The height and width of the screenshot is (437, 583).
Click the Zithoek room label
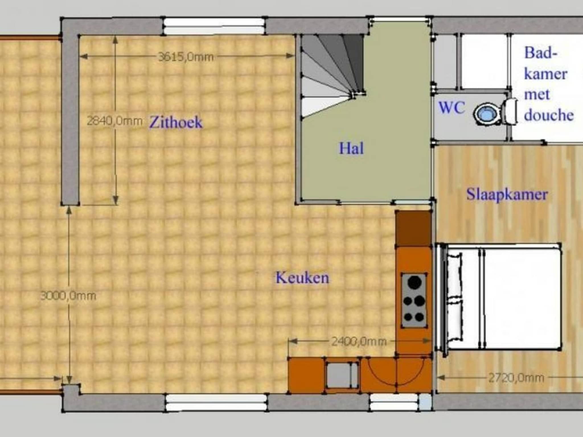click(176, 123)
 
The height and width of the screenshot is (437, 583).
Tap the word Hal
click(351, 149)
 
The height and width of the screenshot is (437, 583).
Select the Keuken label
click(302, 278)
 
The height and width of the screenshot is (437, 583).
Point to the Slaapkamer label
click(507, 195)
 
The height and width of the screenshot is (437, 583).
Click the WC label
click(451, 108)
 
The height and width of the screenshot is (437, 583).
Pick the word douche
click(549, 115)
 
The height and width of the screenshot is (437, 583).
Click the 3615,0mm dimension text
click(186, 57)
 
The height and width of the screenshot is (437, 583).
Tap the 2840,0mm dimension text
click(114, 121)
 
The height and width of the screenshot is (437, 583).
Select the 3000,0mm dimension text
click(68, 296)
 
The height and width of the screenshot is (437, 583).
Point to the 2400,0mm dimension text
click(359, 341)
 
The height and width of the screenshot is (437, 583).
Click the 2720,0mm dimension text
click(516, 378)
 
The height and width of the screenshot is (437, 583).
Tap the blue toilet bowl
click(487, 114)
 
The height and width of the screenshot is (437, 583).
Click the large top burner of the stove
click(414, 282)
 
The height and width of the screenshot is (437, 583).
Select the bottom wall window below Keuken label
click(216, 402)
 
